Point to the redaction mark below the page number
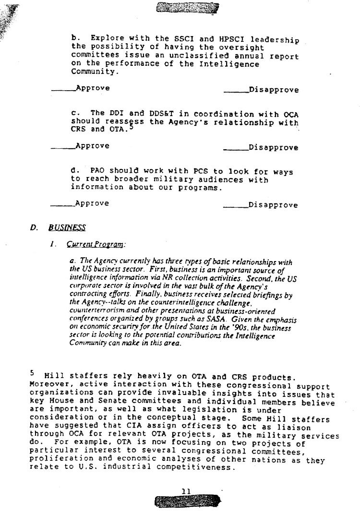tap(188, 501)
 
